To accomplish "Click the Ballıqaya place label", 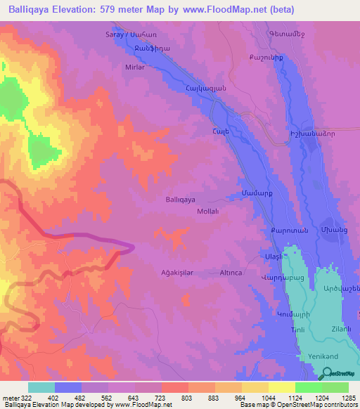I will point(179,200).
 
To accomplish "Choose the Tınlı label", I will point(299,330).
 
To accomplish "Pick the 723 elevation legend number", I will point(160,398).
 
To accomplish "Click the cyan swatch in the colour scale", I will point(41,387).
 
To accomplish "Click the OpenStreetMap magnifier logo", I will point(327,374).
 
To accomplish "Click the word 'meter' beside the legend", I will point(10,398).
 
